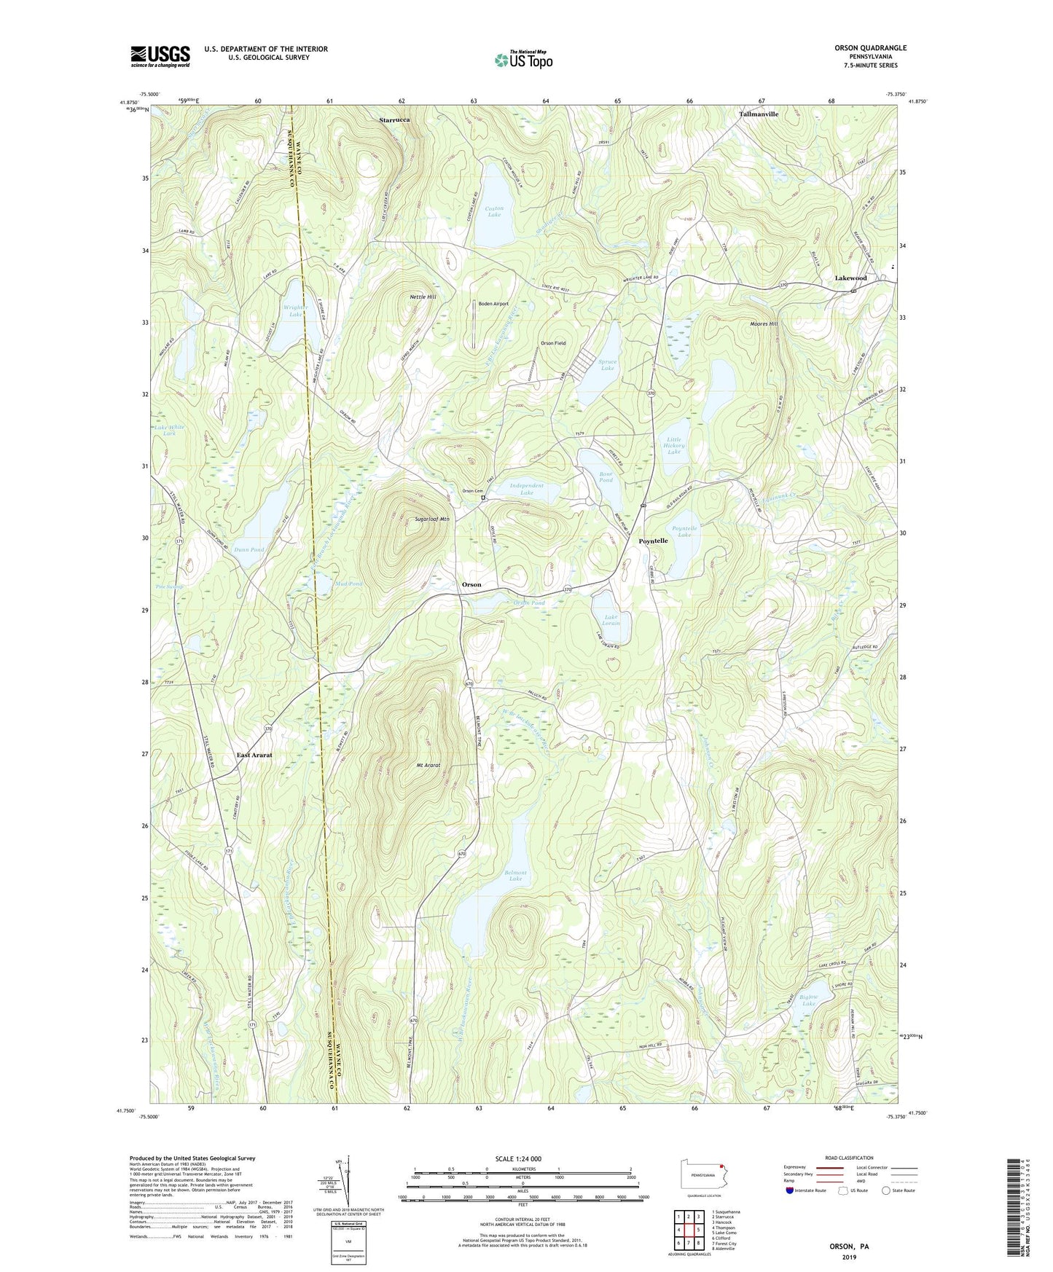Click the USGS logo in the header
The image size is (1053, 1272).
tap(160, 56)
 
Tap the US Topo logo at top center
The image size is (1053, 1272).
tap(522, 60)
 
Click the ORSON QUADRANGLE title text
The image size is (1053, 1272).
tap(870, 48)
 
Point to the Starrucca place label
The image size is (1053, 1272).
tap(394, 119)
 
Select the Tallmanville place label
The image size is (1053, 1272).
tap(759, 114)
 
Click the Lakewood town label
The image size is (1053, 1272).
tap(850, 278)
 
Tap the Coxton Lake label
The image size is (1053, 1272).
tap(494, 211)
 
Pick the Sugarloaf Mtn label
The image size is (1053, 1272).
tap(432, 519)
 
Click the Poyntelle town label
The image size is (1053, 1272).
tap(653, 541)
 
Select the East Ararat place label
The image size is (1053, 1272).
tap(254, 755)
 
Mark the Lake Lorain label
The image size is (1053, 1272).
tap(611, 620)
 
